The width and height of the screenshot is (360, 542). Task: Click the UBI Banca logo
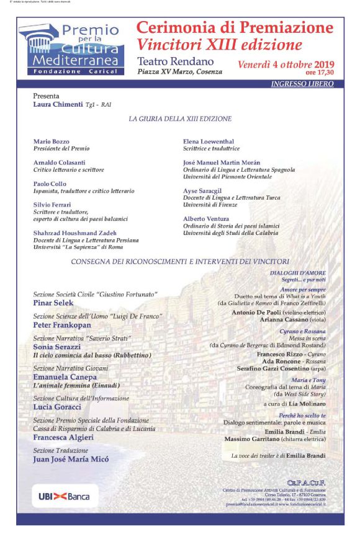[64, 496]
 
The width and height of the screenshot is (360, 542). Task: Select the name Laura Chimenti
[58, 105]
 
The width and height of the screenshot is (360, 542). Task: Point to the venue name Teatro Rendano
[176, 61]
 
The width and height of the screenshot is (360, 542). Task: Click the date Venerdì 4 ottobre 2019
[286, 64]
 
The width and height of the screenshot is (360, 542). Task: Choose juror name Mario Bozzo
[51, 141]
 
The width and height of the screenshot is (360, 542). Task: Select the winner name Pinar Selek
[53, 303]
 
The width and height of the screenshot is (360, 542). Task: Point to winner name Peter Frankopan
[62, 325]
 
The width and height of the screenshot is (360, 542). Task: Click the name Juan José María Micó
[71, 460]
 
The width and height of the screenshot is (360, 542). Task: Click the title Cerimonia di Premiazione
[235, 28]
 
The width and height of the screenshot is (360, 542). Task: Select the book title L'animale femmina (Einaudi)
[76, 385]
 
